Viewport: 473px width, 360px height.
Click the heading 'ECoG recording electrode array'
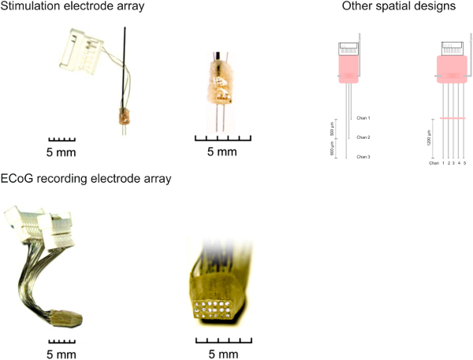coord(87,178)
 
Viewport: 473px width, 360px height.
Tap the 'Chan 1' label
coord(363,118)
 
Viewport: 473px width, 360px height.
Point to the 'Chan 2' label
coord(363,138)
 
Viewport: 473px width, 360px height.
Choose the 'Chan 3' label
coord(363,158)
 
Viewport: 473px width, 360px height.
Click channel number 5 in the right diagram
coord(466,163)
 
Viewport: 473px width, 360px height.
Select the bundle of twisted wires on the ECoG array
coord(32,276)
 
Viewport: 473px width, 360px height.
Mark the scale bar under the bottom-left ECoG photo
coord(60,340)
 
